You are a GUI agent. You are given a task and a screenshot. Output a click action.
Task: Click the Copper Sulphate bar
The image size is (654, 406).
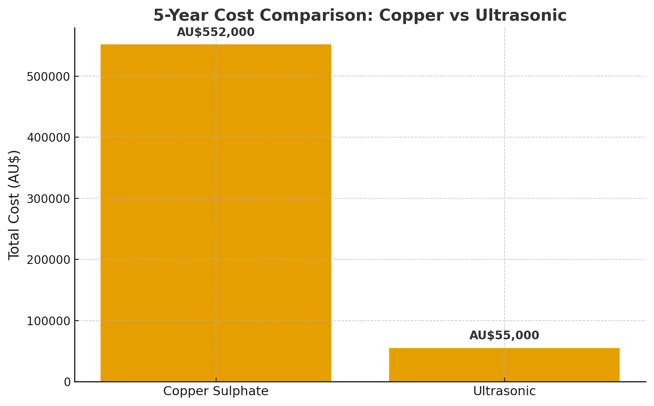[x=216, y=213]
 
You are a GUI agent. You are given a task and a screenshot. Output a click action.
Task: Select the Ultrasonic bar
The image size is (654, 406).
[x=504, y=365]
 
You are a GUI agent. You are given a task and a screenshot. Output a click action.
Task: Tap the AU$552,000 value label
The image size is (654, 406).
[x=216, y=32]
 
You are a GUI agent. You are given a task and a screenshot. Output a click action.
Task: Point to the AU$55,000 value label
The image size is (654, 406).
[x=504, y=336]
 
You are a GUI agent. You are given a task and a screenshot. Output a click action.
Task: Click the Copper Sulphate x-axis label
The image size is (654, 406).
[x=216, y=391]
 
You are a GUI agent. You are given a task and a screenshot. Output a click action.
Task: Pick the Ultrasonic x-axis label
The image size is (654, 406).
[x=504, y=391]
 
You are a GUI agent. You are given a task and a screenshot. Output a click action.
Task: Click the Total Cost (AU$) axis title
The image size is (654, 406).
[x=14, y=205]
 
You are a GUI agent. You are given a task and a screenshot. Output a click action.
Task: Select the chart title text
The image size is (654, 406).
[x=360, y=16]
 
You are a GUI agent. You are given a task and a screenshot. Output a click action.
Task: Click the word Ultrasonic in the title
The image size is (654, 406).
[x=521, y=16]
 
